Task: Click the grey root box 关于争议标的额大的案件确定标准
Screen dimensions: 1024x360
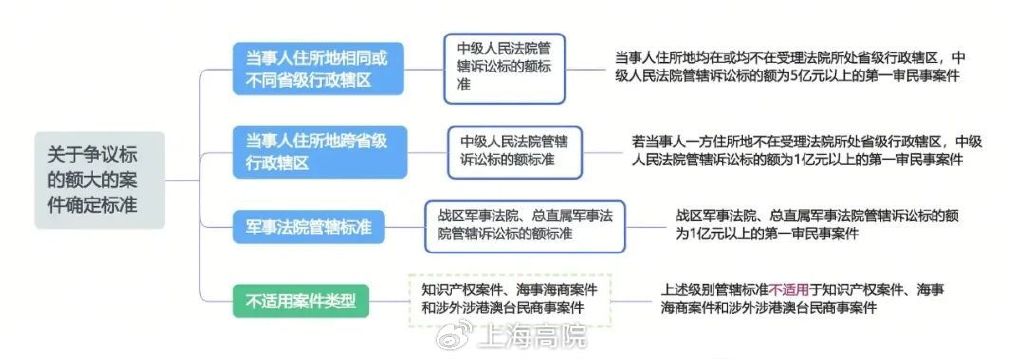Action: [x=98, y=180]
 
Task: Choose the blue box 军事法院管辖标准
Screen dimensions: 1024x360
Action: [x=310, y=227]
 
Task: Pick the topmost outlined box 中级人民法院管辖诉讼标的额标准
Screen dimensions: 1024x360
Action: [x=505, y=67]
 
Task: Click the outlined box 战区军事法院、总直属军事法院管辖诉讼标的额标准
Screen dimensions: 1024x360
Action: [x=524, y=225]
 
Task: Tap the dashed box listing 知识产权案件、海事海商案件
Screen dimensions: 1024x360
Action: [x=509, y=298]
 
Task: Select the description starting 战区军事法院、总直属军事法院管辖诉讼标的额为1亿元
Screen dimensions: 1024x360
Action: [x=810, y=225]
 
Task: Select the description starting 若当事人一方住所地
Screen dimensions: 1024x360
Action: [x=810, y=150]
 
